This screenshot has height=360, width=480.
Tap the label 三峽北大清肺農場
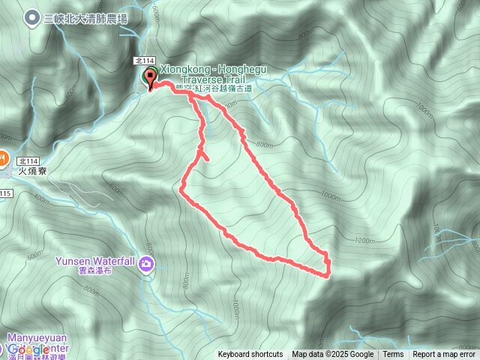tap(85, 18)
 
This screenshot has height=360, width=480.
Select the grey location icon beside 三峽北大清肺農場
tap(32, 18)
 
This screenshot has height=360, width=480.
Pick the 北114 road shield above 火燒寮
tap(29, 160)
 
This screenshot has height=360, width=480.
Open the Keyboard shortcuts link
tap(250, 355)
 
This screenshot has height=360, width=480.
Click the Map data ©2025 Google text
tap(333, 355)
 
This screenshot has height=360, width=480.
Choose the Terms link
tap(393, 355)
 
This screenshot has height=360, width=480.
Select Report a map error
tap(445, 355)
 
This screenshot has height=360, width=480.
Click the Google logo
tap(28, 349)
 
